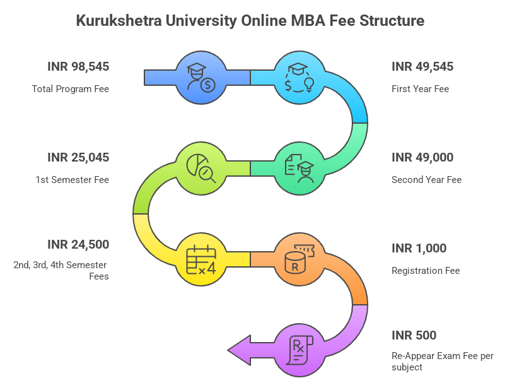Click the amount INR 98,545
pos(78,66)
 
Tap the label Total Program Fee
pos(71,89)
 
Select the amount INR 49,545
pos(422,66)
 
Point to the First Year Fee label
pos(420,89)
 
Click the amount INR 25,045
pos(78,157)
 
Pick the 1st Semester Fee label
pos(72,180)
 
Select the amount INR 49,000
pos(422,157)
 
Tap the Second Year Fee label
pos(426,180)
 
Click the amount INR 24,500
pos(78,244)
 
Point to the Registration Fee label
pos(426,271)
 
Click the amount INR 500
pos(414,335)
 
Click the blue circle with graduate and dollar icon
pos(201,78)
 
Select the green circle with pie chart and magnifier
pos(201,168)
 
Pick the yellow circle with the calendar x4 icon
pos(201,259)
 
